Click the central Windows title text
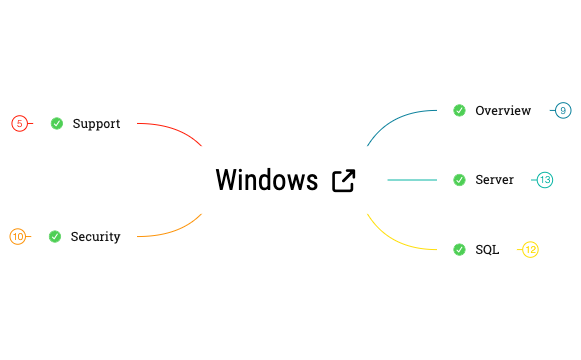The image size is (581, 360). coord(266,180)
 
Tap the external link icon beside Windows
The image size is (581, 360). coord(343,180)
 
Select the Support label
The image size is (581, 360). coord(96,124)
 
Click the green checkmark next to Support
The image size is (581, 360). coord(57,124)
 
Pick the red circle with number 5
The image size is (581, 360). coord(19,124)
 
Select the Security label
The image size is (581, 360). coord(95,237)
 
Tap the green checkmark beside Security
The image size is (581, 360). coord(55,237)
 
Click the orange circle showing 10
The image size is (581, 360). coord(18,237)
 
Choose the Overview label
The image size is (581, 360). coord(503,110)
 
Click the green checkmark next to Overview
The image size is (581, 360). coord(459,110)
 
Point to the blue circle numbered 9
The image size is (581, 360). coord(563,110)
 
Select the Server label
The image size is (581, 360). coord(494,180)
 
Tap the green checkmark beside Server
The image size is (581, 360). coord(459,180)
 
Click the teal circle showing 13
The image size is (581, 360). coord(545,180)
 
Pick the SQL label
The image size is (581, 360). coord(487,249)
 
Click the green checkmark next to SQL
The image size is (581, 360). coord(459,249)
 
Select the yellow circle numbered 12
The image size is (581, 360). coord(531,249)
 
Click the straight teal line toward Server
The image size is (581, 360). coord(412,180)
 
